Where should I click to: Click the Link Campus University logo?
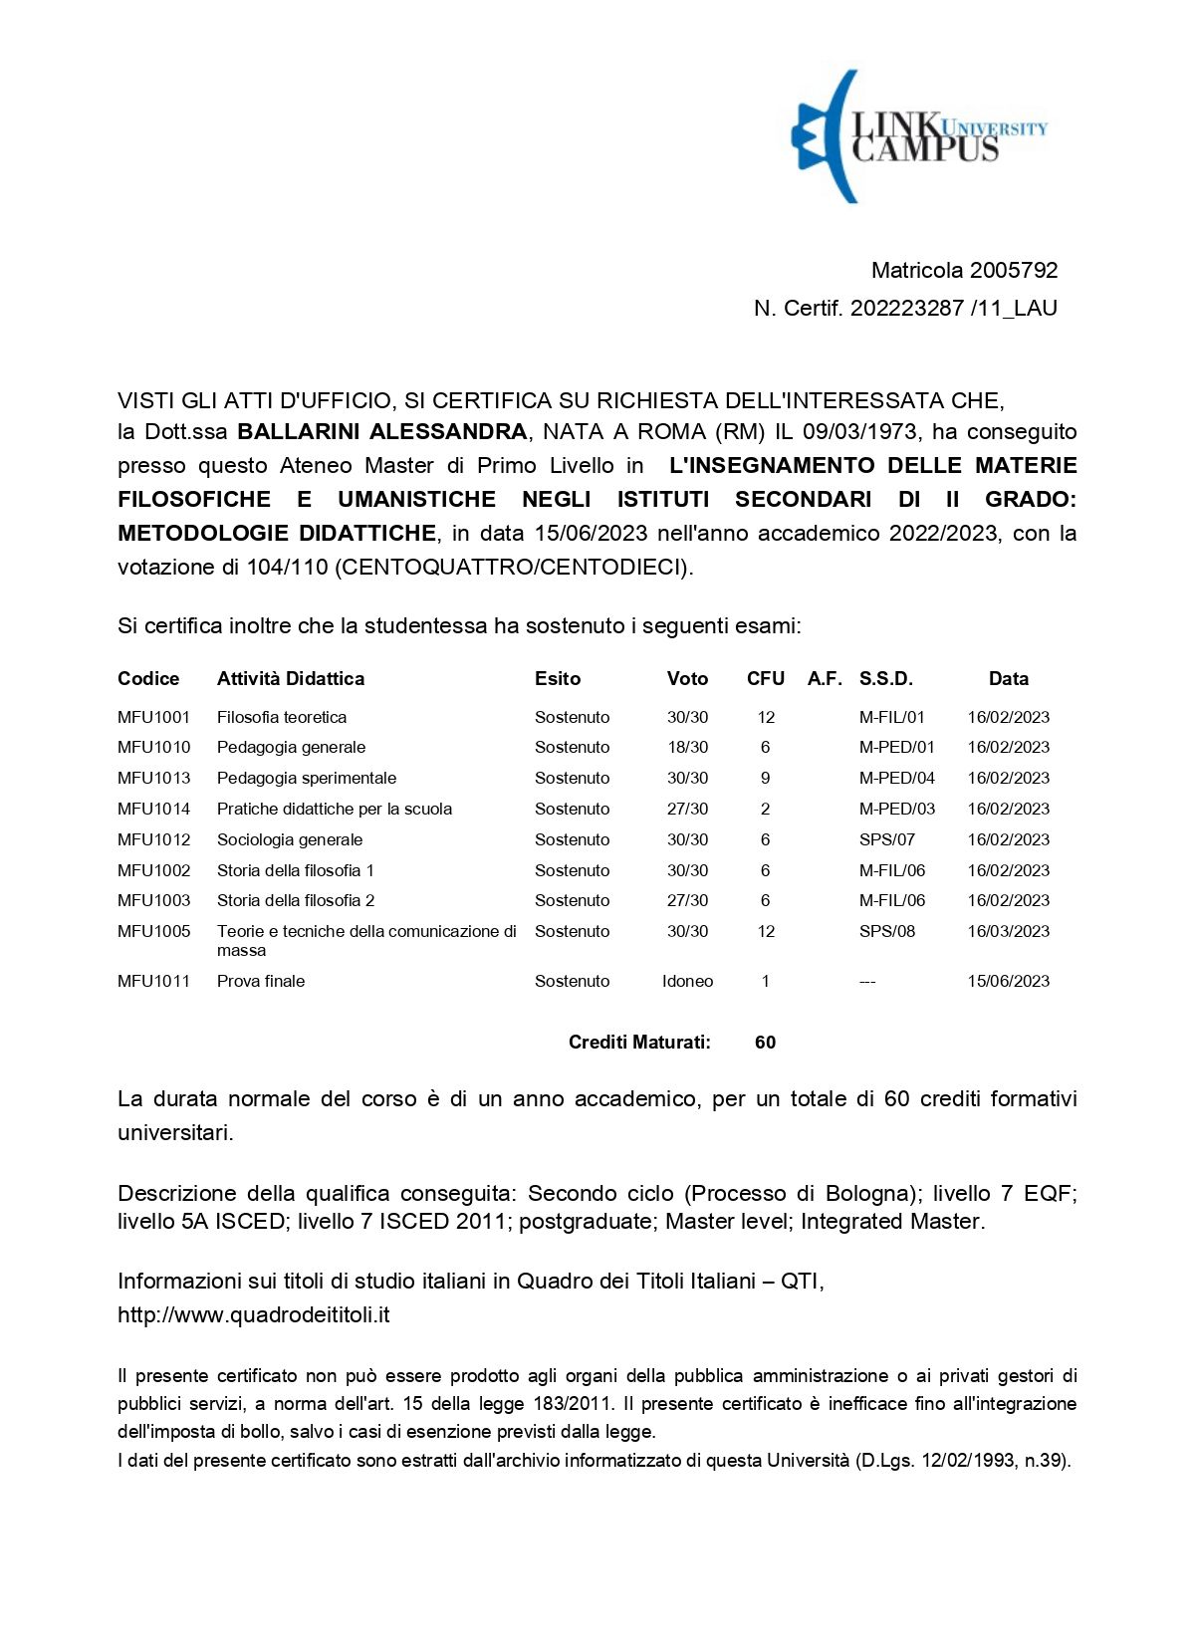(x=918, y=136)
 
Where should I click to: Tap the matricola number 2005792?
(x=1013, y=270)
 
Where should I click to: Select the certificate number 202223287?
(x=906, y=308)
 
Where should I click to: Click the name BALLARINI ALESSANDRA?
(x=381, y=431)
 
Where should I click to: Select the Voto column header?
(x=687, y=678)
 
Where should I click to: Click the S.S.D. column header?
(x=885, y=678)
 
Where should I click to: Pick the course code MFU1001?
(x=153, y=717)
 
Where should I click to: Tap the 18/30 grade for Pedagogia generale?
(x=687, y=747)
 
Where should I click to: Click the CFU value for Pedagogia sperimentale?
(x=765, y=778)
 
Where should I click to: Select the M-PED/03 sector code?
(x=896, y=809)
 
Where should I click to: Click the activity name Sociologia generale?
(x=290, y=839)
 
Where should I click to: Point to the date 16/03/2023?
(x=1008, y=931)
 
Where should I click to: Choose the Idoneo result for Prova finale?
(x=687, y=981)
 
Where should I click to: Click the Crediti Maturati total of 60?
(x=765, y=1043)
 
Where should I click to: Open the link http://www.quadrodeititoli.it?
(x=253, y=1314)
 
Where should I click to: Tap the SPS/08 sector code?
(x=886, y=931)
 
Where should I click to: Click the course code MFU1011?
(x=153, y=981)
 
